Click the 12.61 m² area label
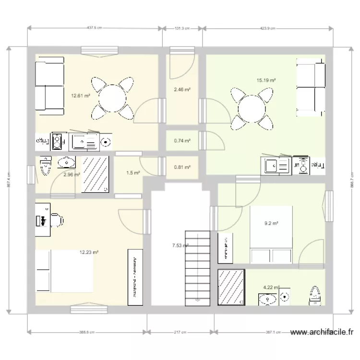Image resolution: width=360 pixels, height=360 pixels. pos(81,96)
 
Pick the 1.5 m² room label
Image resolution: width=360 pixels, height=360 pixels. pos(133,173)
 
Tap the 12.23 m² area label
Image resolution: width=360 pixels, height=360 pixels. pos(89,252)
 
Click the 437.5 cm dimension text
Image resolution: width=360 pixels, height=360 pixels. pos(95,28)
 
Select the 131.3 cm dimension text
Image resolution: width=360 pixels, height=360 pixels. pos(182,28)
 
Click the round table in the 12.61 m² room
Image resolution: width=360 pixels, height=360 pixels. pos(112,99)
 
